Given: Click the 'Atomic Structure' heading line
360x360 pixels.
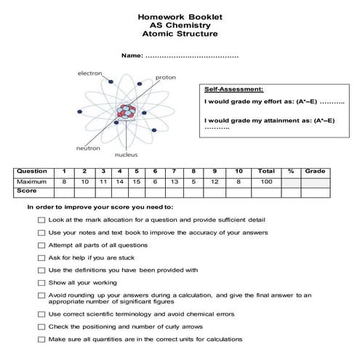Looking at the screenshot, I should [180, 33].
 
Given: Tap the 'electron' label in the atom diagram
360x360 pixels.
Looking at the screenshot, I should [90, 73].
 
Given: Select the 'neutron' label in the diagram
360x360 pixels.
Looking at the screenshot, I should [88, 148].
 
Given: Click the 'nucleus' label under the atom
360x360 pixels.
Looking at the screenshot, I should [126, 155].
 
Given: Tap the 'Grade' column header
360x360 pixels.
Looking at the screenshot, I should [315, 171].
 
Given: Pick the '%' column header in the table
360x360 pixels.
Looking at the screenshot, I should [290, 171].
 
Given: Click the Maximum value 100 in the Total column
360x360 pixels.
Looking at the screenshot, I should [265, 180].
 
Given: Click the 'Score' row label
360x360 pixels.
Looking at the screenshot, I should [27, 190].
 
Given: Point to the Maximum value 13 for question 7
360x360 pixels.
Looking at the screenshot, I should [174, 180].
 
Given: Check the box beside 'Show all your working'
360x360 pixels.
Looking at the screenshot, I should [41, 282].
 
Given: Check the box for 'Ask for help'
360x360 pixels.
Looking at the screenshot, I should [41, 257].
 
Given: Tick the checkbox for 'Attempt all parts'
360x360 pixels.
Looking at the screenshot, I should [41, 245].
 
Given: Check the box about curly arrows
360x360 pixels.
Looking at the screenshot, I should [41, 327].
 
